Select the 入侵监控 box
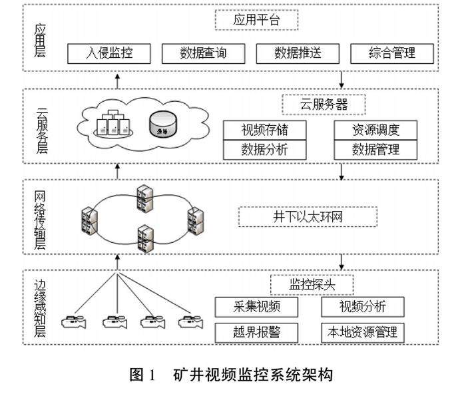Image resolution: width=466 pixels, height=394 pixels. (x=109, y=53)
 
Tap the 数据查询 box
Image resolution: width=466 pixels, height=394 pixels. (x=203, y=53)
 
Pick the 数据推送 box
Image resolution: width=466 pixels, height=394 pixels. (x=298, y=53)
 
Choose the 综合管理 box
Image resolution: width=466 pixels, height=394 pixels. (x=392, y=53)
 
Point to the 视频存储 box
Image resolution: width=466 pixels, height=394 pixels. (x=265, y=129)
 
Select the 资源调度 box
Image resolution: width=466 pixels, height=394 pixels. (x=375, y=129)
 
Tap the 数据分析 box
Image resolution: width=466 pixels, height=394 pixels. (x=265, y=150)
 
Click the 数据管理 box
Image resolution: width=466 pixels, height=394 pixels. (x=375, y=150)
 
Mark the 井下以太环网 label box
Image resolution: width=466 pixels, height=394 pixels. (x=308, y=216)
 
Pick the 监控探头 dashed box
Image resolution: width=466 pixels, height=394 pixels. (x=312, y=284)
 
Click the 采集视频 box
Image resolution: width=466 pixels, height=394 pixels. (x=257, y=307)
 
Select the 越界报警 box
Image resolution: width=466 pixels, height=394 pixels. (x=257, y=331)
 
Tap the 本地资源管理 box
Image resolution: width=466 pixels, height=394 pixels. (x=363, y=331)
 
